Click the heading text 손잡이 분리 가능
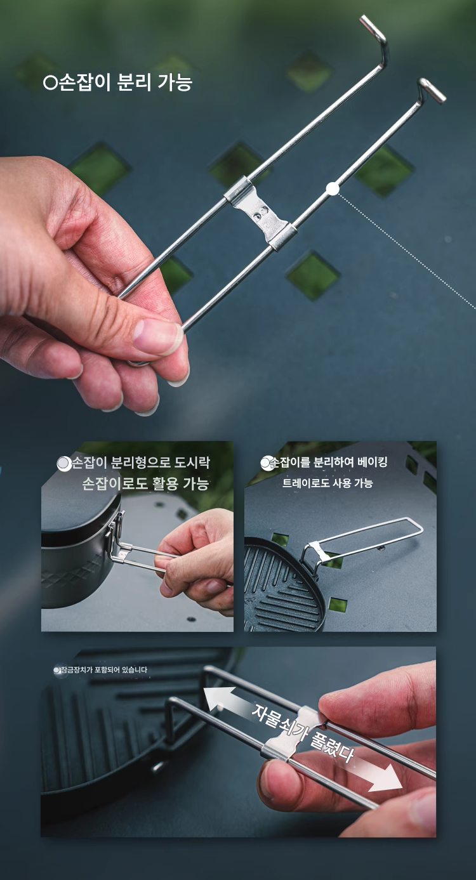126,83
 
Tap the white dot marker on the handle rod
333,189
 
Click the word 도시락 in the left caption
192,462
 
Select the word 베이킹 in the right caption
372,462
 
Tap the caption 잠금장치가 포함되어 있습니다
104,670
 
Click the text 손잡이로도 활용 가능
145,483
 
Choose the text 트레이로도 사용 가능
327,483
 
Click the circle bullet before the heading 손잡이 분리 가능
51,84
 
